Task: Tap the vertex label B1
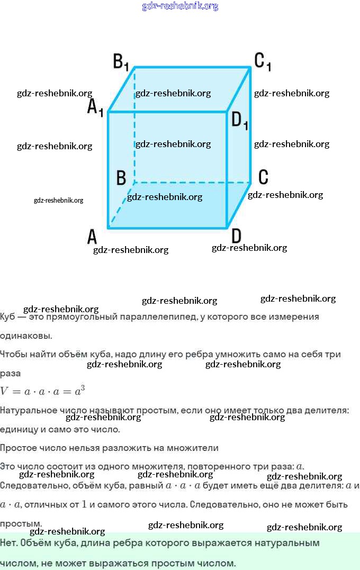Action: point(121,62)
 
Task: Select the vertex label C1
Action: point(263,61)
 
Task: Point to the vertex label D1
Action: point(239,121)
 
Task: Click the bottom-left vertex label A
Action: point(92,237)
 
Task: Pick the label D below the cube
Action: point(236,236)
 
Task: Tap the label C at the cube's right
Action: point(263,176)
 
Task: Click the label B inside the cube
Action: point(121,178)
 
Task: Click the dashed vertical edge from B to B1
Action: point(134,127)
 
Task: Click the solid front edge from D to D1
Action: point(228,169)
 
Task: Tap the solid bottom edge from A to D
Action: point(167,228)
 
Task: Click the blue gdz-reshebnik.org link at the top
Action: point(180,6)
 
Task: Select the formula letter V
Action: point(5,392)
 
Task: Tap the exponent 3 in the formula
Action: point(83,388)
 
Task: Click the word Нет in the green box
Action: point(8,542)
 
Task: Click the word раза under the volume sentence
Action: point(11,373)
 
